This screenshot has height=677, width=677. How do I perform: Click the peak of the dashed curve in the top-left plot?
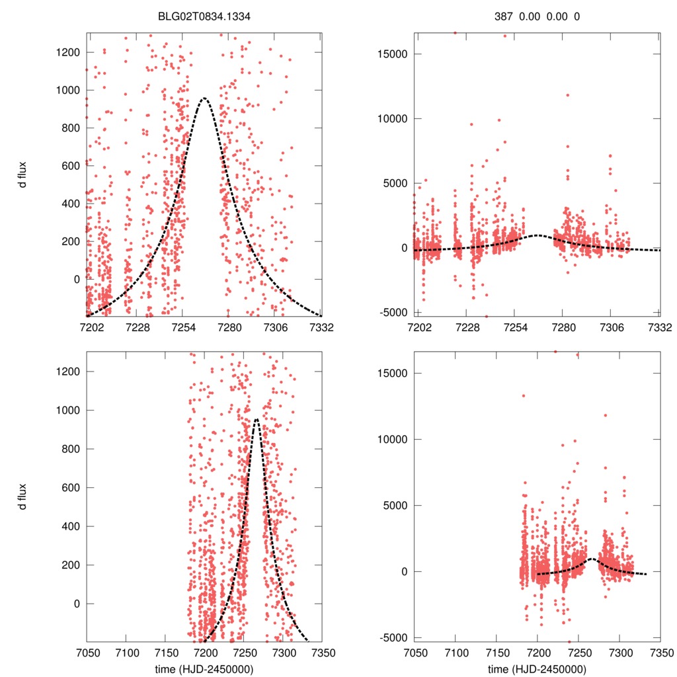click(204, 98)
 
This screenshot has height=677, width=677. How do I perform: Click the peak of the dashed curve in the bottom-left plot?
click(257, 419)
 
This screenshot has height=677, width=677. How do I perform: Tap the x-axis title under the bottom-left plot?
click(204, 668)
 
